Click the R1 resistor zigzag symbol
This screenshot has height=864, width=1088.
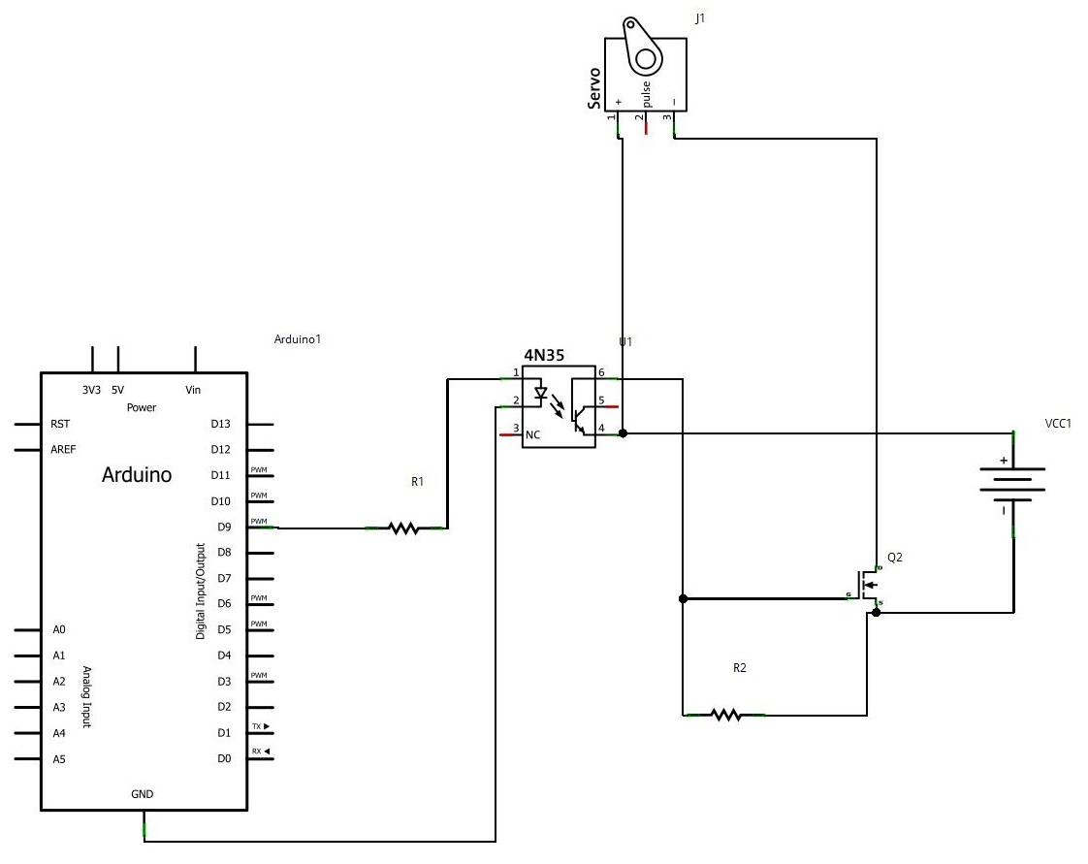(403, 528)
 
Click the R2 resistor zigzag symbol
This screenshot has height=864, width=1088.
(725, 715)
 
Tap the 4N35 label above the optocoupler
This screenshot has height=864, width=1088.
(545, 356)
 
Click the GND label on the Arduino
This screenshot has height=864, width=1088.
(142, 793)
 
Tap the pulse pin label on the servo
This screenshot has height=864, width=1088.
(647, 93)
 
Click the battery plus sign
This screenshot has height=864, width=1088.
(1004, 462)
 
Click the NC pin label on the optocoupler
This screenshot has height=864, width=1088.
(532, 435)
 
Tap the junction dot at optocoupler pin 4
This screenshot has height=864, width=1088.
(623, 433)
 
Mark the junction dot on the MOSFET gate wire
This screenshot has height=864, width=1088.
(683, 598)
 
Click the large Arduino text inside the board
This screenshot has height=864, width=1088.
(137, 475)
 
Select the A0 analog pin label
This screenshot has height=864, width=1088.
(59, 630)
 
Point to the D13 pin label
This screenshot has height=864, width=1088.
(220, 424)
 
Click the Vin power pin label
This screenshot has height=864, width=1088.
(193, 390)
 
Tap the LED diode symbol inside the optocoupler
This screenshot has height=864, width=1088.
(542, 396)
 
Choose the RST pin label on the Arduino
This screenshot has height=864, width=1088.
(59, 424)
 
